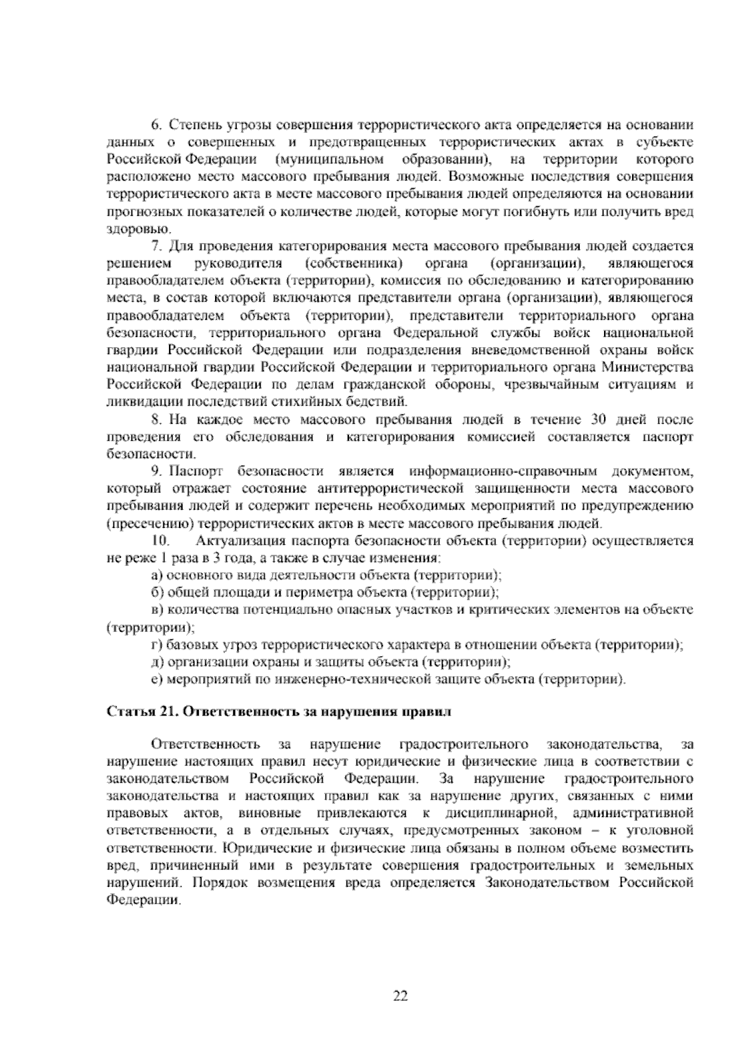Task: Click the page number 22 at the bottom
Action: click(400, 995)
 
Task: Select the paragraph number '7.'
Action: click(157, 247)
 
